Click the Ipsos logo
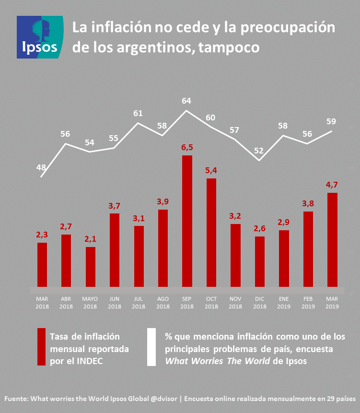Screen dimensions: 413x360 coord(41,37)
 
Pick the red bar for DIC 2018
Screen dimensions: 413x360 coord(259,262)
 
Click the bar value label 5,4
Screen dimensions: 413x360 coord(211,171)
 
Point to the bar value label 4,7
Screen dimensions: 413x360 coord(332,185)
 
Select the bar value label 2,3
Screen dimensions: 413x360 coord(42,235)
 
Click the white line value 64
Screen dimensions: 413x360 coord(186,101)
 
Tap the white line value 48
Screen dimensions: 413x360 coord(42,168)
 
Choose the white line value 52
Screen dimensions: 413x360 coord(259,151)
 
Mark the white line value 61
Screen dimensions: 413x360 coord(138,114)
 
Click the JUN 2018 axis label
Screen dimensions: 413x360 coord(115,303)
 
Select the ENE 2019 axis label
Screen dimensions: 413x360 coord(283,303)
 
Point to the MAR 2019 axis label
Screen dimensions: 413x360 coord(332,303)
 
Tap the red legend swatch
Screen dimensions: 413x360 coord(42,347)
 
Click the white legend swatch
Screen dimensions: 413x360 coord(151,347)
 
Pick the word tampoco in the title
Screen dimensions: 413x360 coord(227,47)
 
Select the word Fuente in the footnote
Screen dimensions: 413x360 coord(16,399)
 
